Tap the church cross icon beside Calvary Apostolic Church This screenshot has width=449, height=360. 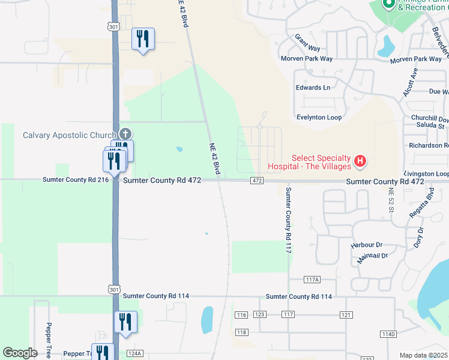[125, 133]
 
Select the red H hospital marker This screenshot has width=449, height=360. [360, 161]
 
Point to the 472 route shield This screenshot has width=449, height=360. [257, 181]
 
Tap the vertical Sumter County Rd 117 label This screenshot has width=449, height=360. [288, 220]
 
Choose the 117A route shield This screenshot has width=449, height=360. [312, 280]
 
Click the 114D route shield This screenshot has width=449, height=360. [388, 334]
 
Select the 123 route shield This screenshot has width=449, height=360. [260, 314]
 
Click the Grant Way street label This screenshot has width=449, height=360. [307, 43]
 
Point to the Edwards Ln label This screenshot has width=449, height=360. [313, 88]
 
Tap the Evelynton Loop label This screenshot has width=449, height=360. [319, 118]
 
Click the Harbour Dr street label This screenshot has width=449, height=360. [367, 245]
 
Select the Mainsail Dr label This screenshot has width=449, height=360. [372, 255]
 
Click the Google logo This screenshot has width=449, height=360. [20, 353]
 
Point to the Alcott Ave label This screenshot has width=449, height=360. [410, 82]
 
